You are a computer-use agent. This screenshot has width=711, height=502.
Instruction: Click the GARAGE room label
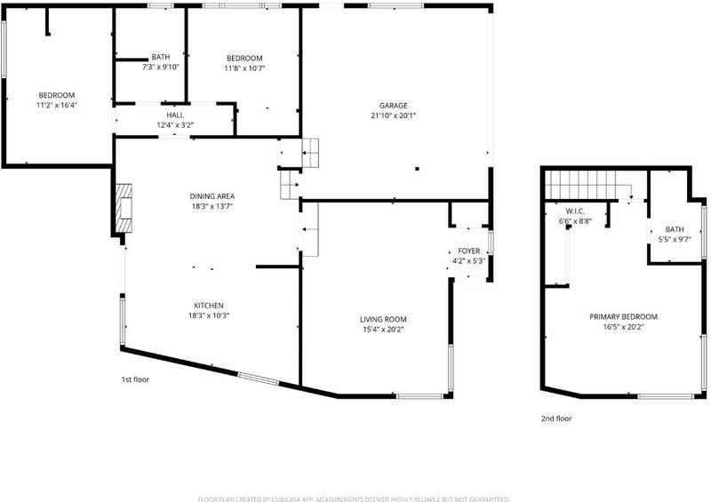tap(393, 106)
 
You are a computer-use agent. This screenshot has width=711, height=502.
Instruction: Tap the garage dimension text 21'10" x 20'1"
tap(393, 116)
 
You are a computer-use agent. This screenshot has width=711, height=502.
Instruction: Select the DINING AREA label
tap(212, 196)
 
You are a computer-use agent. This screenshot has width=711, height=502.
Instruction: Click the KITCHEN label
tap(209, 306)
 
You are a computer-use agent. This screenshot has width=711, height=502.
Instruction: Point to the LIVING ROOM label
tap(383, 319)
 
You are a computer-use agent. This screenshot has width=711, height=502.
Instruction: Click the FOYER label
tap(469, 251)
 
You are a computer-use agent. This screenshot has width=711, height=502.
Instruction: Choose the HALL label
tap(175, 116)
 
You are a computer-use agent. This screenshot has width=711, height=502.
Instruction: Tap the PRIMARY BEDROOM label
tap(624, 316)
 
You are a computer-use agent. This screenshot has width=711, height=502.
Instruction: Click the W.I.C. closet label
tap(575, 211)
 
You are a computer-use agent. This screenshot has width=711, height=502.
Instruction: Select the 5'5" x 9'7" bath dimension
tap(675, 239)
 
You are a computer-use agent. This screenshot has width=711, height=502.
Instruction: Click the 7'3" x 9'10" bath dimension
tap(161, 68)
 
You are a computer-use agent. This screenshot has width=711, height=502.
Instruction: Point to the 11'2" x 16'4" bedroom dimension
tap(57, 105)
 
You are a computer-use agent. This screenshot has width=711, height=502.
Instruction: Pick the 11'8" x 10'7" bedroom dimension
tap(244, 68)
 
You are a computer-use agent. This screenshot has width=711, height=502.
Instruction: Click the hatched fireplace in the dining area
tap(124, 208)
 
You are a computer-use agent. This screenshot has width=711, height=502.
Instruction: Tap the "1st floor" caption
tap(135, 379)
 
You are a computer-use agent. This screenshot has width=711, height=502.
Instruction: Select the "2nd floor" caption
tap(556, 418)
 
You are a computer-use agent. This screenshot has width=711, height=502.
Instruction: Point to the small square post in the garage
tap(417, 169)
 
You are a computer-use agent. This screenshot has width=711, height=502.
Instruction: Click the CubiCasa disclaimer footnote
tap(354, 499)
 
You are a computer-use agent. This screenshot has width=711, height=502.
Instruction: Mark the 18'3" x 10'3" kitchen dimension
tap(209, 315)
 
